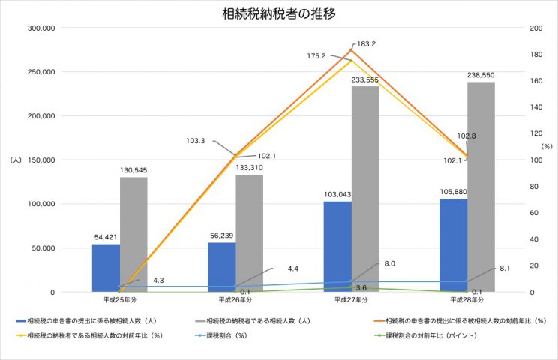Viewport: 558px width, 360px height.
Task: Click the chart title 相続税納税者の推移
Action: pos(277,14)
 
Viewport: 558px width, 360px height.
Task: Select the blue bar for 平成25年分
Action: pos(106,268)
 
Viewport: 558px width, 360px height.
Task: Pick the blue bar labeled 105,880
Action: pos(453,245)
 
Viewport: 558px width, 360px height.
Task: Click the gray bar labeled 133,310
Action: pos(250,233)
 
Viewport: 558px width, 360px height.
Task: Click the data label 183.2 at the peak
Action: pos(367,44)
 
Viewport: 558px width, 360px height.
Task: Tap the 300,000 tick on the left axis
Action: pos(40,28)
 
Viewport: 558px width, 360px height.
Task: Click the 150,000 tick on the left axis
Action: pos(40,160)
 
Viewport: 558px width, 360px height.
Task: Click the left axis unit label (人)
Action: pos(16,160)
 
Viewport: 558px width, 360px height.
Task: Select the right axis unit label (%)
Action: pos(546,146)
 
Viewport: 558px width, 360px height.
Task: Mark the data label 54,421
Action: pos(106,237)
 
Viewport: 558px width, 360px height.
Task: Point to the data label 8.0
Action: pos(389,263)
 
